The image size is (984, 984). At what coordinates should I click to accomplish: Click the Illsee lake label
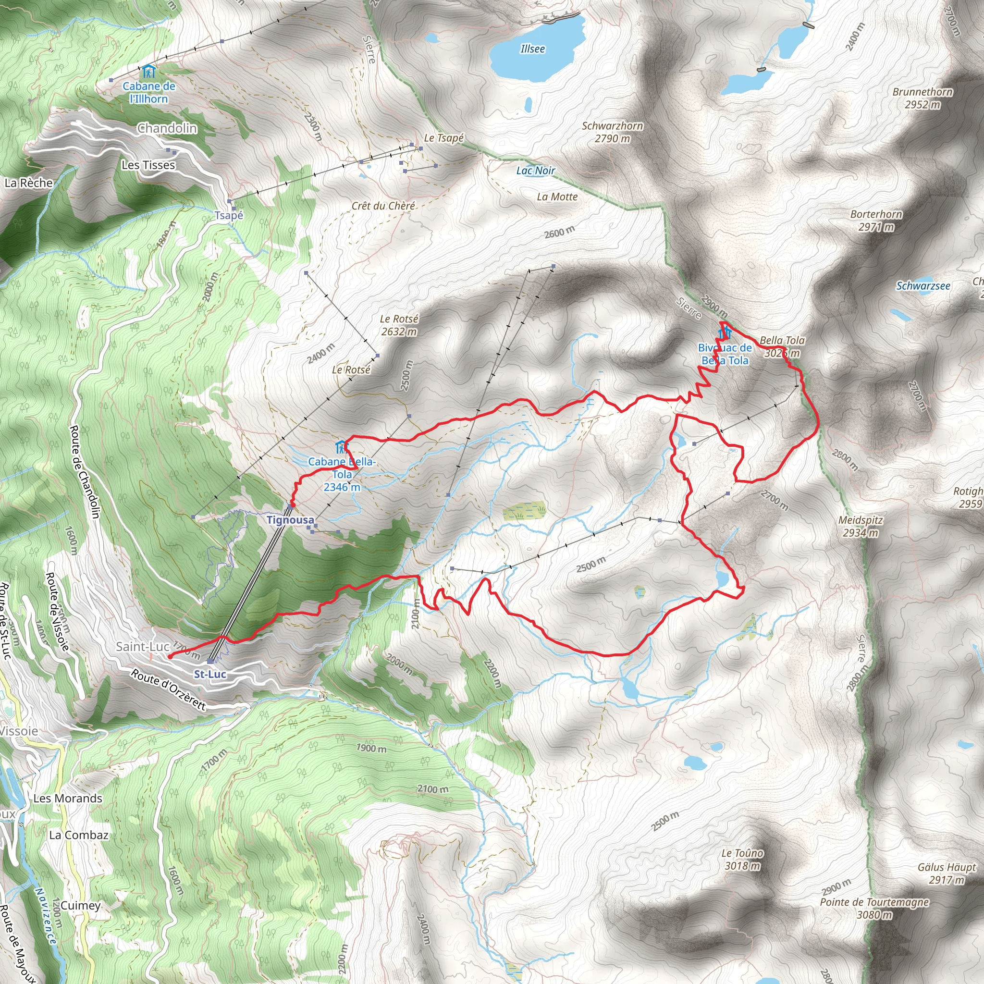click(533, 49)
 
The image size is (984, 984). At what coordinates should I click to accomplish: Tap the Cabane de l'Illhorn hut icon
click(149, 71)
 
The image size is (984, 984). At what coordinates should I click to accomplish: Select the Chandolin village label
click(167, 128)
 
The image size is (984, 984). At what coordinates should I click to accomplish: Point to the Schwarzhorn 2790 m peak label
click(612, 132)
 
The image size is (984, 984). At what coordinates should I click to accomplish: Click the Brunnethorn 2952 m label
click(922, 98)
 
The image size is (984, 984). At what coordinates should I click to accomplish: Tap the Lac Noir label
click(535, 171)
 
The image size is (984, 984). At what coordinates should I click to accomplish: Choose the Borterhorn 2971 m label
click(876, 221)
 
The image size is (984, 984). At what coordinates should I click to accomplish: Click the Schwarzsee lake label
click(923, 286)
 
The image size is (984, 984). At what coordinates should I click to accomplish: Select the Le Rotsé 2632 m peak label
click(399, 325)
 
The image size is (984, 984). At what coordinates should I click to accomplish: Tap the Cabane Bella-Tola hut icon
click(341, 448)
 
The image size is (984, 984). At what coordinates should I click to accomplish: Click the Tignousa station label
click(290, 520)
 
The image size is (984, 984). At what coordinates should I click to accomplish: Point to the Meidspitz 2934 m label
click(860, 526)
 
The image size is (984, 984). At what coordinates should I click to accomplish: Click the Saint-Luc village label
click(143, 646)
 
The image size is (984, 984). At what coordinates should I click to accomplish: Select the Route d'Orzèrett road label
click(169, 689)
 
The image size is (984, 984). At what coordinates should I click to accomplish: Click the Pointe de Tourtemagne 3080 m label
click(874, 908)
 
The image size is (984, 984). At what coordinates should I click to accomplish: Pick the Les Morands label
click(68, 798)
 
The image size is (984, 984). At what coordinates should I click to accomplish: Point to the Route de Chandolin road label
click(84, 472)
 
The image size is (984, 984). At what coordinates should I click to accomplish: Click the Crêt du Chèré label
click(383, 206)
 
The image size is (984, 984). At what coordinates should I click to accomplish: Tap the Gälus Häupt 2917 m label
click(947, 873)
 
